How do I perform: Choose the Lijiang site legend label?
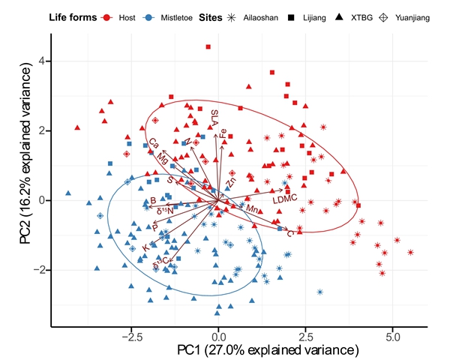(314, 16)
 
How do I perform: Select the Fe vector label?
(223, 134)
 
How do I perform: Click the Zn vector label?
(231, 181)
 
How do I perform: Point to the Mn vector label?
(253, 209)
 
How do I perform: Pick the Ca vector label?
(153, 142)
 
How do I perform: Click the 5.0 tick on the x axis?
(392, 337)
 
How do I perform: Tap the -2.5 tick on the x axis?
(131, 337)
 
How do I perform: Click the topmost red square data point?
(208, 47)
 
